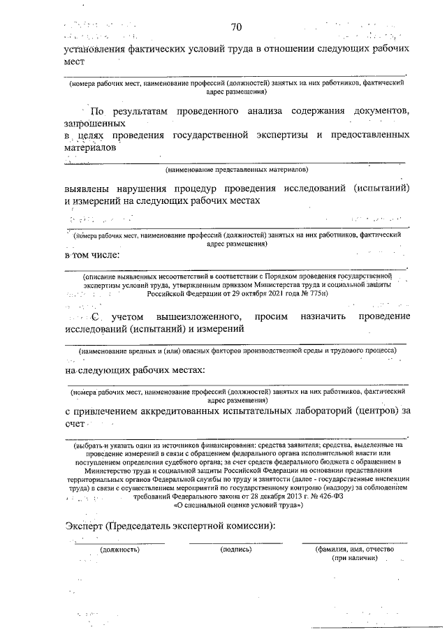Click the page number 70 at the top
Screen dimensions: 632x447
(x=236, y=27)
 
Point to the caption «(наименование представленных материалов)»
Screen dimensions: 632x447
(x=237, y=170)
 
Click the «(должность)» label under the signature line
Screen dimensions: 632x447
(x=119, y=550)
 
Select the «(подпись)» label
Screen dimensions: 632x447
(x=236, y=550)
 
